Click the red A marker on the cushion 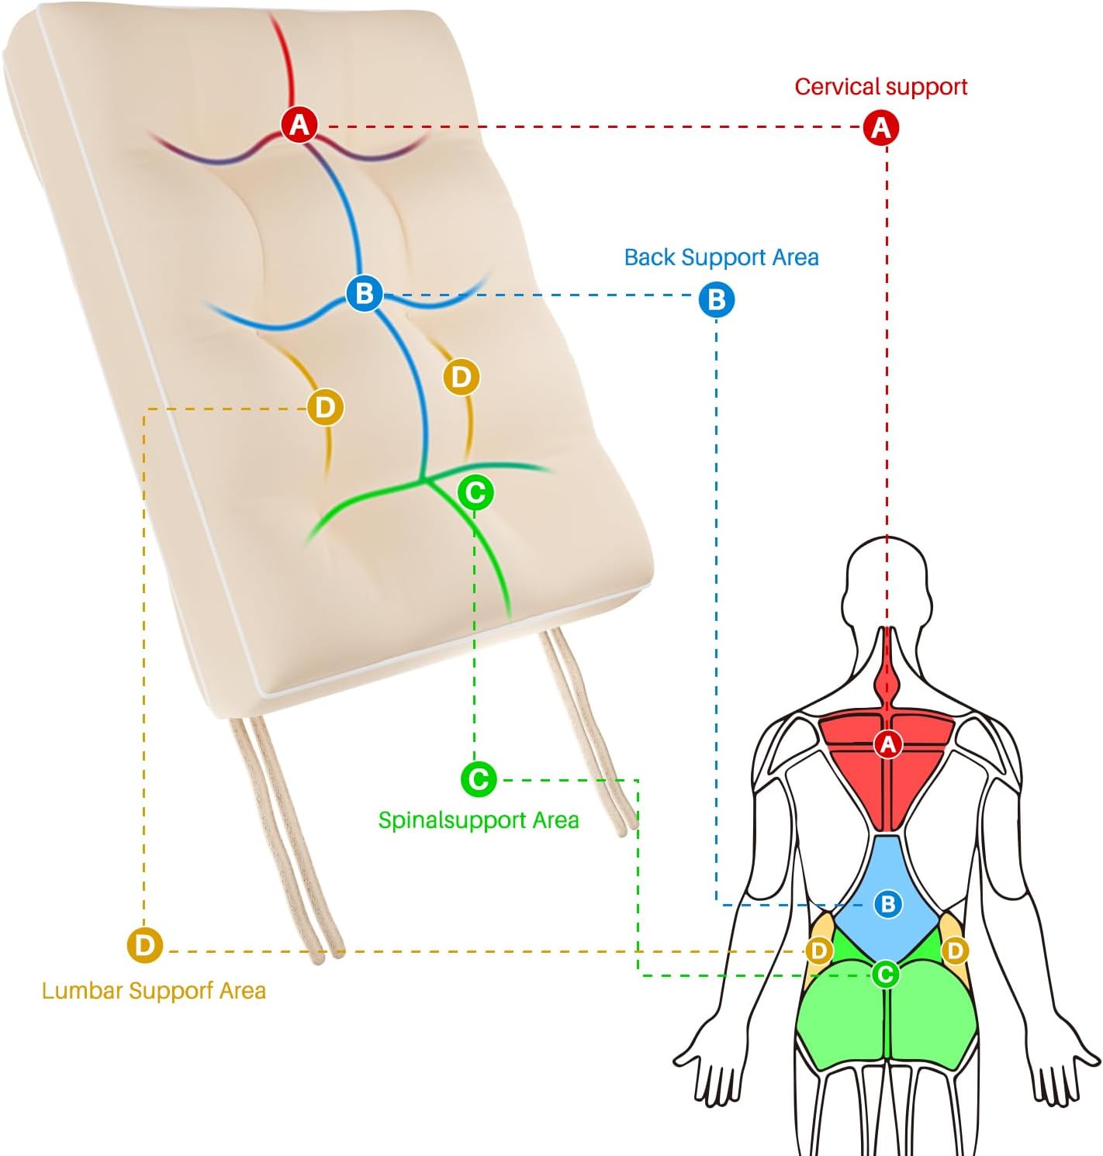click(299, 124)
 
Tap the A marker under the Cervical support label click(880, 126)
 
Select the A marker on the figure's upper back click(887, 744)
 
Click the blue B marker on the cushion click(364, 293)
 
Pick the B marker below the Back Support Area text click(716, 299)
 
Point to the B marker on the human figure click(887, 903)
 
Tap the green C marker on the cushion click(475, 492)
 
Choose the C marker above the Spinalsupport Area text click(479, 779)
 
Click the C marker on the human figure click(885, 974)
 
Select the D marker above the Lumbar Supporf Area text click(145, 946)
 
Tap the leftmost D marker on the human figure click(819, 950)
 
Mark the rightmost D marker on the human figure click(955, 950)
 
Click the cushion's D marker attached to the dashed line click(325, 407)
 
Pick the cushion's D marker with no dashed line click(461, 377)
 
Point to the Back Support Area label click(721, 257)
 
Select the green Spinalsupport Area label click(478, 820)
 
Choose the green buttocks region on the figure click(885, 1016)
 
